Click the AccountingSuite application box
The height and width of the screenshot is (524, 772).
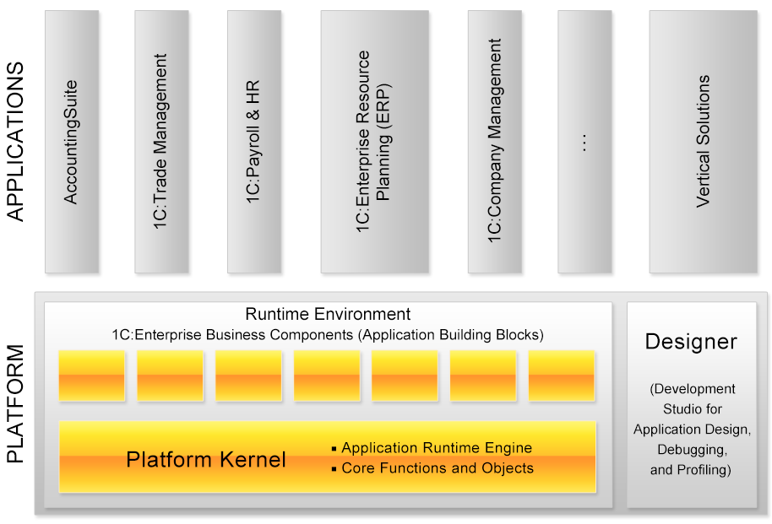[72, 141]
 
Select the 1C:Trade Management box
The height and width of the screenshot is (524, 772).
[161, 141]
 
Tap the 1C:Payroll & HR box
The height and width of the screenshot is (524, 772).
[254, 141]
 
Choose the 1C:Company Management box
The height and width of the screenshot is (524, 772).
[495, 141]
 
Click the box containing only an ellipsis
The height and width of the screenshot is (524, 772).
[584, 141]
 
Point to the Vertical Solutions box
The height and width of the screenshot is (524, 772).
[704, 141]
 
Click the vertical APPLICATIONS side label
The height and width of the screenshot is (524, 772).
[16, 141]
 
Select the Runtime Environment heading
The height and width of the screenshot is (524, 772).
[328, 315]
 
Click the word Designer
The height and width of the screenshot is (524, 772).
[691, 342]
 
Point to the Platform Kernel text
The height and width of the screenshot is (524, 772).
[206, 460]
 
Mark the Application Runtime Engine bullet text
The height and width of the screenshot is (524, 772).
[437, 448]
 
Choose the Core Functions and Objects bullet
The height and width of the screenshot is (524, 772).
[438, 467]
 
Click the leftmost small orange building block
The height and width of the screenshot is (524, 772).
[92, 375]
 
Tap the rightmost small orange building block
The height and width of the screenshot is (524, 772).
[562, 375]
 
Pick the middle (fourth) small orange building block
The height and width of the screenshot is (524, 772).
[327, 375]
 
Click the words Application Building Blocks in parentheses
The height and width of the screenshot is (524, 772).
[450, 335]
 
